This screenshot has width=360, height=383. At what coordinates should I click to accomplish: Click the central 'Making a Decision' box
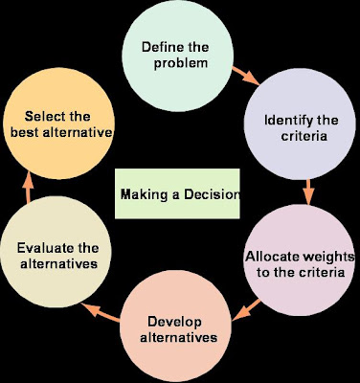(x=178, y=193)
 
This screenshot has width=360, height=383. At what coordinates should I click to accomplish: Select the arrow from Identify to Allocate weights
(x=308, y=191)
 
